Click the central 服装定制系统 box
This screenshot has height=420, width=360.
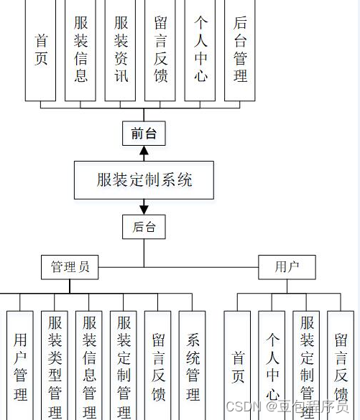(144, 179)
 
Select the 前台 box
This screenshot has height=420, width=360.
(144, 133)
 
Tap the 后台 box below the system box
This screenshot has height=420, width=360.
(144, 227)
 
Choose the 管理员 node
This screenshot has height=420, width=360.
(70, 268)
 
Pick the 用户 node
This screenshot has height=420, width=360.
(287, 268)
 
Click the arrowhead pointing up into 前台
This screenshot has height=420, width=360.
(144, 151)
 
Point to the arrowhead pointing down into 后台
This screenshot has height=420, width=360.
(144, 209)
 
